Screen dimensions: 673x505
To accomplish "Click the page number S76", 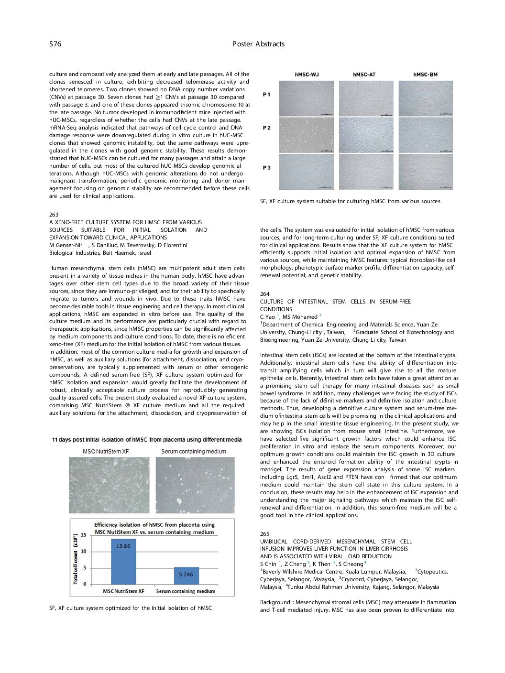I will click(x=55, y=44).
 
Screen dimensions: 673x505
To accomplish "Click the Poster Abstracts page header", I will click(x=258, y=44).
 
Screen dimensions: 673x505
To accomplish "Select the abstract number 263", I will click(x=54, y=215).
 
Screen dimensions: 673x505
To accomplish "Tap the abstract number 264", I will click(x=264, y=294).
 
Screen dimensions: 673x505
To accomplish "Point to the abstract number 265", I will click(x=264, y=534).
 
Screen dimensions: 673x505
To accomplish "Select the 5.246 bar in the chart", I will click(x=186, y=575).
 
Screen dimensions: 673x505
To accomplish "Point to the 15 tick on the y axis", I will click(x=83, y=535).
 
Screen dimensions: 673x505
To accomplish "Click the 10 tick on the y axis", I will click(x=83, y=551).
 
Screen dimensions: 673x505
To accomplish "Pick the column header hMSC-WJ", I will click(x=307, y=75).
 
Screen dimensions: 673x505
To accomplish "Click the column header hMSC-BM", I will click(x=425, y=75).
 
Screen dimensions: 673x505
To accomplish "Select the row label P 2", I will click(x=266, y=128).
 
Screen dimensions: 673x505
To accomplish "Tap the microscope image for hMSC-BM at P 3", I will click(x=426, y=172).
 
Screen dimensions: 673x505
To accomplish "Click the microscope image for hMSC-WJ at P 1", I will click(x=307, y=98).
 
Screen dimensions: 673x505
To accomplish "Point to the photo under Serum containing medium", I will click(x=195, y=485).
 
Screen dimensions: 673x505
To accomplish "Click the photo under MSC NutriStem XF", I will click(x=109, y=485).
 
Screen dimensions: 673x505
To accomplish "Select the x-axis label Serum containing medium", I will click(x=186, y=591).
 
